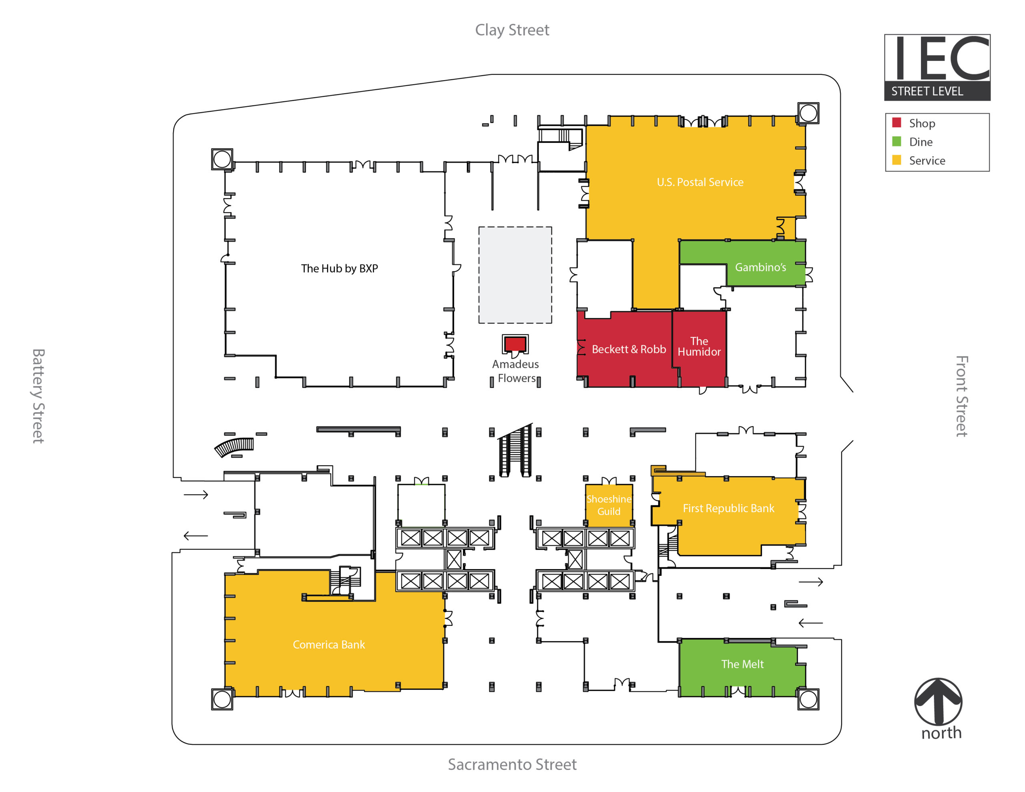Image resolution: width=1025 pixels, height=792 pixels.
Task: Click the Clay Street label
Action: (512, 30)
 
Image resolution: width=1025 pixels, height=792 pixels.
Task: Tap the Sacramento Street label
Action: (512, 764)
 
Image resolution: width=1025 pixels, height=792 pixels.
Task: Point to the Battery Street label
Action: (38, 396)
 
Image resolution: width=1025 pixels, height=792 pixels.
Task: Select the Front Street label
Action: (962, 396)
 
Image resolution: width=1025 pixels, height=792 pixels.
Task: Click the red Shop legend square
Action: (896, 123)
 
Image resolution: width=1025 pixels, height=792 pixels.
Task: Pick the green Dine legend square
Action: (896, 141)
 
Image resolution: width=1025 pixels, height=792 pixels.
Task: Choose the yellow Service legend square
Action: (896, 160)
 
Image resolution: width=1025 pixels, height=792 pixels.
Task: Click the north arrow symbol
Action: (938, 702)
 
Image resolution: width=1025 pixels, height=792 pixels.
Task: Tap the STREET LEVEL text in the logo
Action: (927, 91)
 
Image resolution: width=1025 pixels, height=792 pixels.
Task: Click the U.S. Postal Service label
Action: (700, 182)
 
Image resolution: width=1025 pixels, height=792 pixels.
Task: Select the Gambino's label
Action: (760, 267)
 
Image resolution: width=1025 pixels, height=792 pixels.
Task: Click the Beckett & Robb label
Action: (629, 349)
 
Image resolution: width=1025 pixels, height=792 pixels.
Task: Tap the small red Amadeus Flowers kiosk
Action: (515, 344)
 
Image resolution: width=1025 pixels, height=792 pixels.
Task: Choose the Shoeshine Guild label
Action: (609, 505)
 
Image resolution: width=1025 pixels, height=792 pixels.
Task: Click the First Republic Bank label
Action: (728, 508)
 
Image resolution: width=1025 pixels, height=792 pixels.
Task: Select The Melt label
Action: (742, 664)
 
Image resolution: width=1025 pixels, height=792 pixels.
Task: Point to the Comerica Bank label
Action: (329, 645)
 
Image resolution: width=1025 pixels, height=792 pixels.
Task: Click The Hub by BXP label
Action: (339, 269)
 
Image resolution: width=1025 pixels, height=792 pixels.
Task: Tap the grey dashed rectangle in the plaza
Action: (515, 275)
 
